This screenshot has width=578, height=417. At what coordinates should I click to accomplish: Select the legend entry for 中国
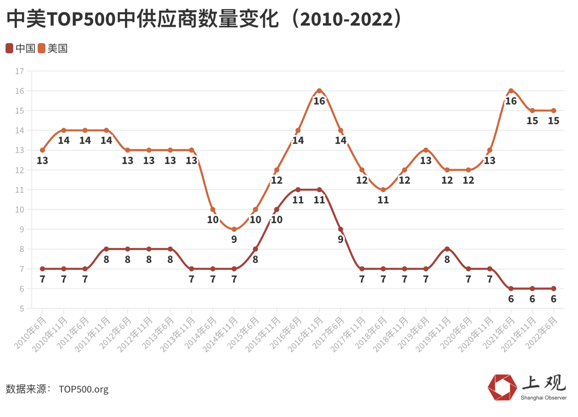point(21,48)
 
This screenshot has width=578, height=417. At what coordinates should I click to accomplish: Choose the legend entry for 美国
point(53,48)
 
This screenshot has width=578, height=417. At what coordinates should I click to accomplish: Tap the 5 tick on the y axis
point(21,308)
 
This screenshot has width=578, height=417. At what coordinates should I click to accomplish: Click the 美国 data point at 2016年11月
point(319,90)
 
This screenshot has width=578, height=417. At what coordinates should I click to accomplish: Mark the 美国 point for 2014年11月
point(234,229)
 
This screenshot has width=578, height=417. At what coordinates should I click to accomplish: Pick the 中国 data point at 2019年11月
point(447,249)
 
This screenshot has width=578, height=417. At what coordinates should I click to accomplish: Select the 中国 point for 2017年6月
point(340,229)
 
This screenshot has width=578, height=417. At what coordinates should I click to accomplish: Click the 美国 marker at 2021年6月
point(511,90)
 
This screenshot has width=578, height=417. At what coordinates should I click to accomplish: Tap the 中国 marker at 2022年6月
point(553,288)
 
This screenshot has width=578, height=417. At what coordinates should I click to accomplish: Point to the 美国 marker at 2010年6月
point(42,150)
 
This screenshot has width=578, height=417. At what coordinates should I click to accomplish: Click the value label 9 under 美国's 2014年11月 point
point(234,239)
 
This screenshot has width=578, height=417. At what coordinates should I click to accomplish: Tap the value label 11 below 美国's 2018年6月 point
point(383,200)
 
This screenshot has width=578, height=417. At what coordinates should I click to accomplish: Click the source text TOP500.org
point(84,389)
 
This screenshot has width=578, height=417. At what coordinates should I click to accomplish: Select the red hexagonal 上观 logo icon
point(502,387)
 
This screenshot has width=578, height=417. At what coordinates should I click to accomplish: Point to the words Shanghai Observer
point(544,397)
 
